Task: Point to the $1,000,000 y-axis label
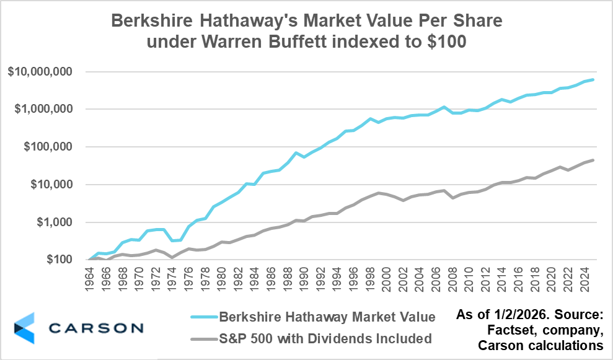(43, 109)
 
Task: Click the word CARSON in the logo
(96, 328)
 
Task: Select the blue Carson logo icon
(25, 328)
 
